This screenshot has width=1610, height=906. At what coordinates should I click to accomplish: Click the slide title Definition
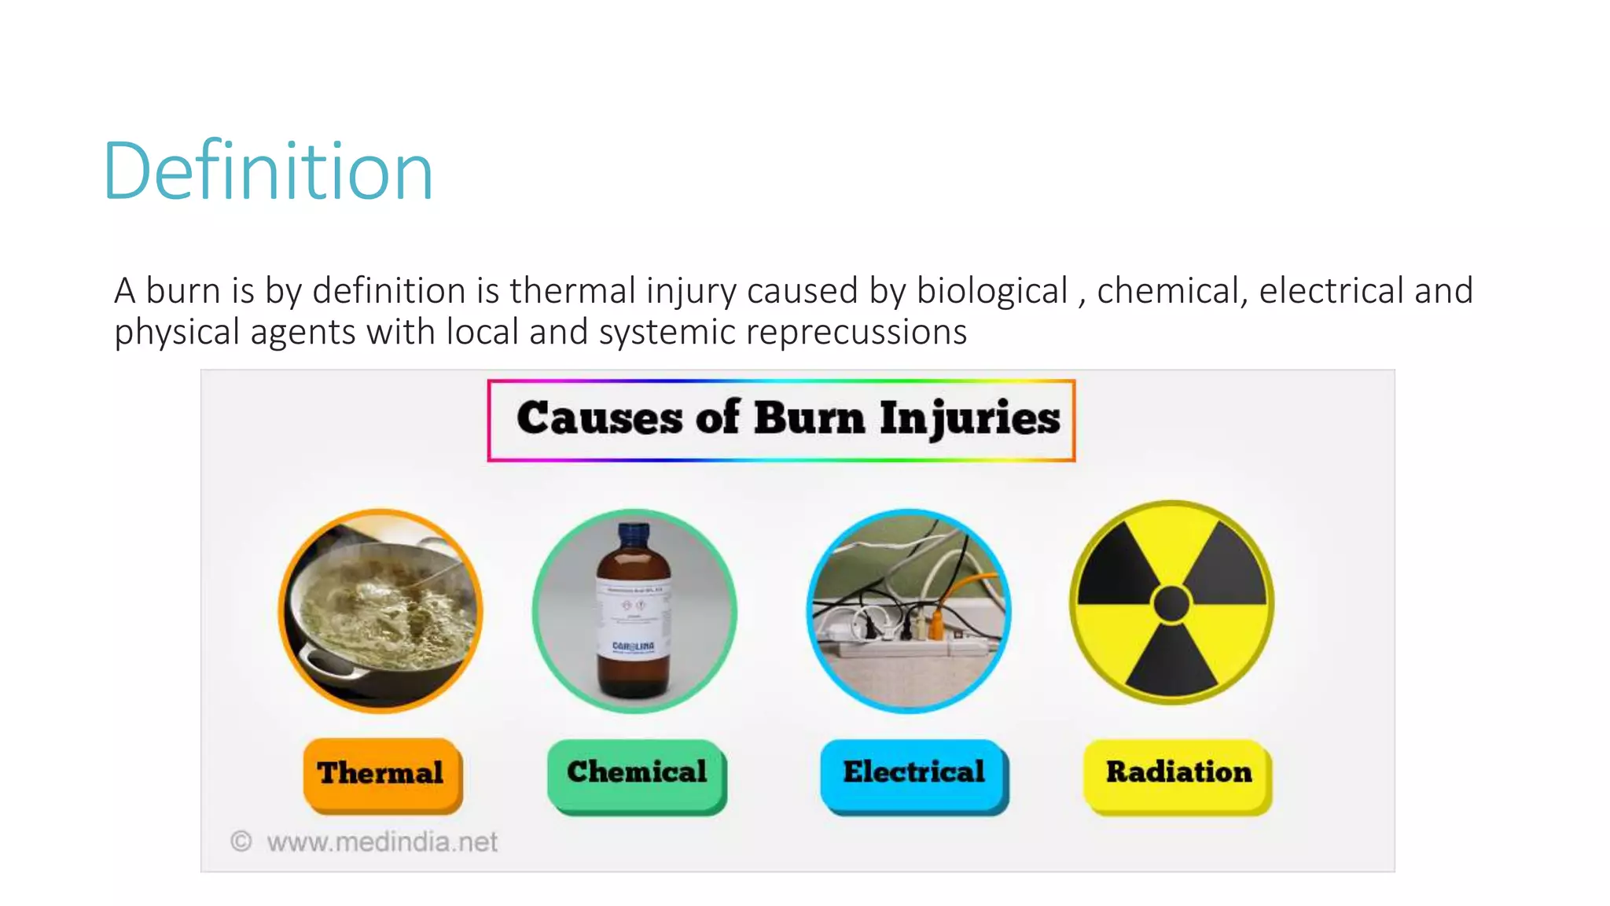tap(267, 171)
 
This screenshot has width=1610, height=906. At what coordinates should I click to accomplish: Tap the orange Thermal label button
tap(382, 773)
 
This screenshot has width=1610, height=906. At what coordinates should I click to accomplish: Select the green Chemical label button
tap(637, 772)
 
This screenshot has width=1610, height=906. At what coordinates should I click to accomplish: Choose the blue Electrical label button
tap(913, 772)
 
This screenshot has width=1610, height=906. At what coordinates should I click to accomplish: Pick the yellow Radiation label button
tap(1178, 772)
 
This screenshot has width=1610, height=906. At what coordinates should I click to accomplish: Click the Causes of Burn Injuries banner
tap(781, 420)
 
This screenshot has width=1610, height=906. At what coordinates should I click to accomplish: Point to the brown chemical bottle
tap(634, 621)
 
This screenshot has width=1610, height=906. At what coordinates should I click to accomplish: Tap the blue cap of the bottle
tap(634, 535)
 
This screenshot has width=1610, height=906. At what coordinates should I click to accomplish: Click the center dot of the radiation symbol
tap(1171, 604)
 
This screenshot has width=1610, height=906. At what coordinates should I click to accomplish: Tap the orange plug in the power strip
tap(936, 625)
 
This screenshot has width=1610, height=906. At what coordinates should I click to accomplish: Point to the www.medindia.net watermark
tap(382, 842)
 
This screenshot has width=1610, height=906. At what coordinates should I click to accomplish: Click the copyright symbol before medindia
tap(241, 842)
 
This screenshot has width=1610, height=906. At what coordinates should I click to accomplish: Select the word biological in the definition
tap(992, 291)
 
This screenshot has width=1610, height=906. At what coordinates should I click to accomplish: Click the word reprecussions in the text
tap(856, 332)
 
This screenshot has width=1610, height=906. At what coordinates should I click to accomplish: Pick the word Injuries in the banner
tap(969, 418)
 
